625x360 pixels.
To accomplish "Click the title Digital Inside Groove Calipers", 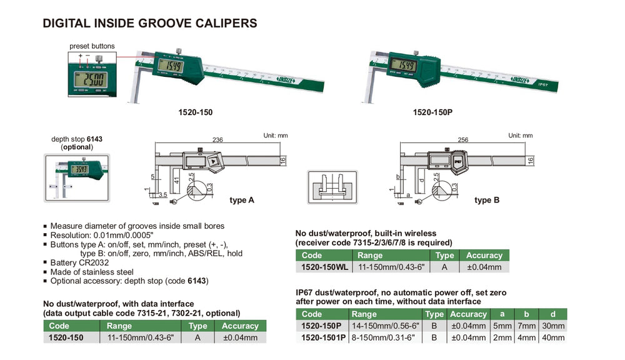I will tap(149, 24).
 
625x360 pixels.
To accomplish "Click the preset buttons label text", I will tap(92, 46).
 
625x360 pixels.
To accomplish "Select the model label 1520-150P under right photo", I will tap(432, 114).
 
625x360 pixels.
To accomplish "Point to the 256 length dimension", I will tap(463, 141).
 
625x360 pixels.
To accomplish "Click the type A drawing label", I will tap(242, 200).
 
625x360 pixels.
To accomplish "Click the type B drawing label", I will tap(487, 200).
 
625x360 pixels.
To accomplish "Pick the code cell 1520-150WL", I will tap(324, 267).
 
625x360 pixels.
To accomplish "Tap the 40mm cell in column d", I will tap(553, 337).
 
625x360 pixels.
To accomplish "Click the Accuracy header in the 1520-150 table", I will tap(240, 326).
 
